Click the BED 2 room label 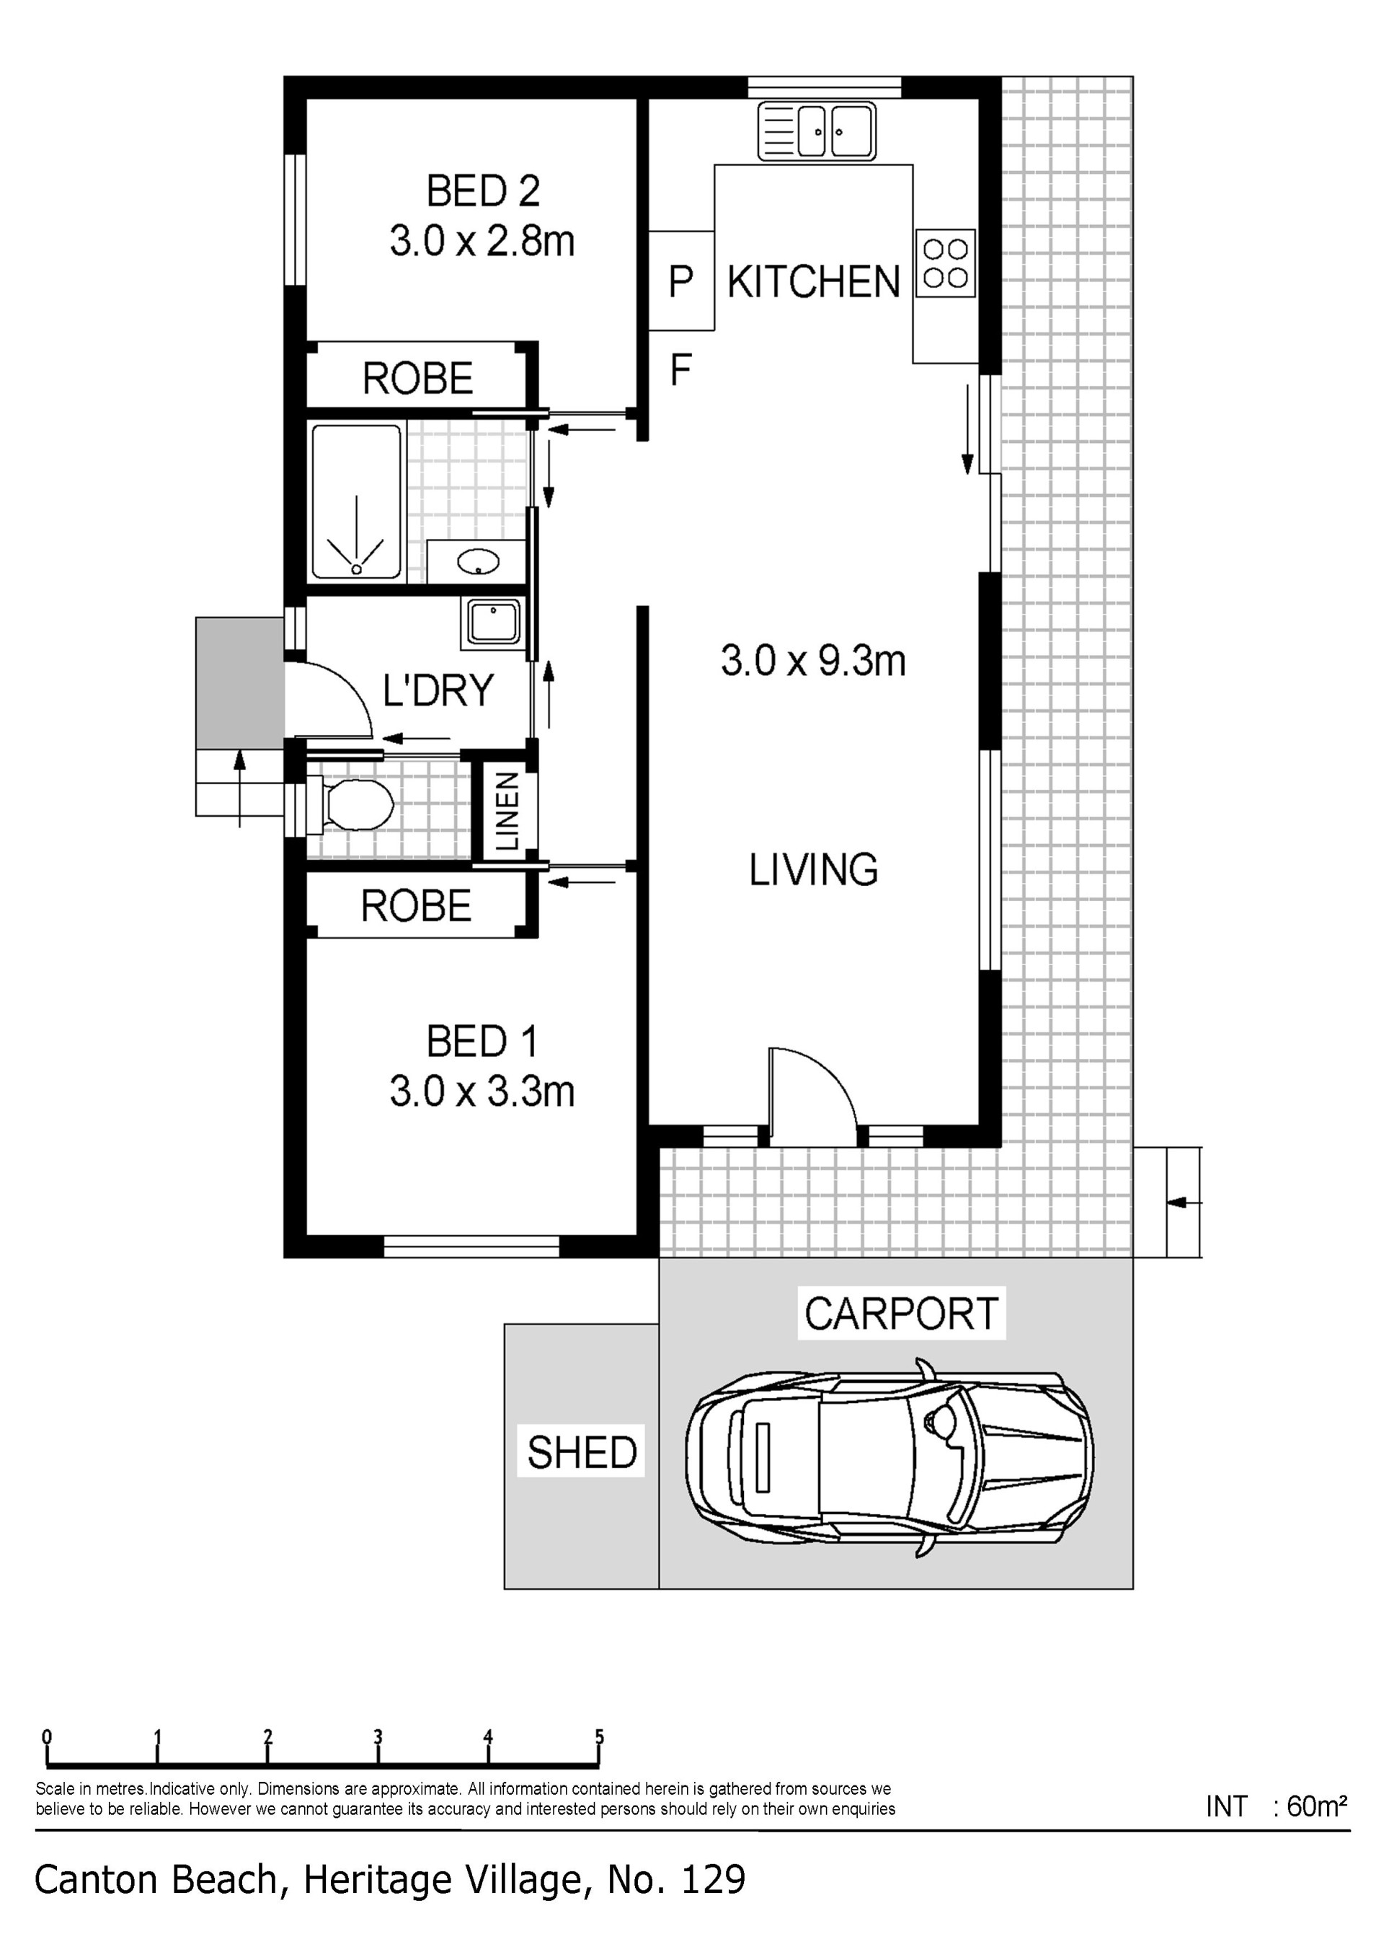click(483, 190)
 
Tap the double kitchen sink click(817, 131)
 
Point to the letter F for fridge click(680, 369)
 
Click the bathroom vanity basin click(478, 561)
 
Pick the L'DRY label click(438, 690)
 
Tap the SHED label click(582, 1452)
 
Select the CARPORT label click(901, 1314)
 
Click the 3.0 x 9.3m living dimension click(813, 661)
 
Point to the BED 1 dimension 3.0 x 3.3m click(482, 1091)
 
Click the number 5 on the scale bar click(599, 1736)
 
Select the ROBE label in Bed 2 click(418, 378)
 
